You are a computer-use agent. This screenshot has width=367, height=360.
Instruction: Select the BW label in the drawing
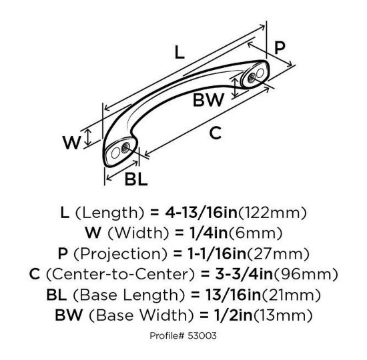coord(208,101)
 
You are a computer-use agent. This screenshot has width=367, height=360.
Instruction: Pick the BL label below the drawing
coord(135,179)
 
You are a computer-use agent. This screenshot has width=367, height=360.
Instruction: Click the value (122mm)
coord(275,214)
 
